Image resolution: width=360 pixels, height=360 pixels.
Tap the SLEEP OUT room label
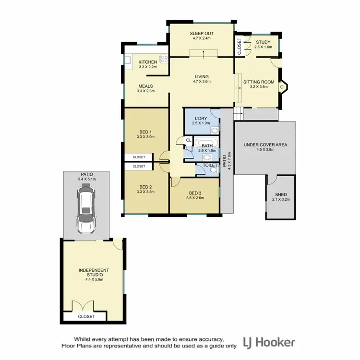click(202, 33)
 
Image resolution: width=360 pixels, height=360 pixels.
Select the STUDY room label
click(264, 42)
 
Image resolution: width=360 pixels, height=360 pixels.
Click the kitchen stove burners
click(164, 60)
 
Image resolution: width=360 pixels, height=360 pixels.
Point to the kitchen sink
click(128, 60)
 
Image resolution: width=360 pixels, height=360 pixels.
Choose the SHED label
click(280, 195)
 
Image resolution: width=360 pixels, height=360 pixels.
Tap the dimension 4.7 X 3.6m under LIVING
click(202, 82)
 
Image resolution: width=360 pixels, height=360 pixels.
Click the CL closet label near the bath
click(188, 140)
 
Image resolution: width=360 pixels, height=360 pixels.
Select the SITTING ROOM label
click(259, 82)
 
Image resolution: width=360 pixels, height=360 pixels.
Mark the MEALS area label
click(145, 86)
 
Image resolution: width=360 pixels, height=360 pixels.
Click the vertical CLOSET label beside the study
click(240, 46)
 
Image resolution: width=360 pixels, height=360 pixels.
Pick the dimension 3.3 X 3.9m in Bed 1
click(145, 137)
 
